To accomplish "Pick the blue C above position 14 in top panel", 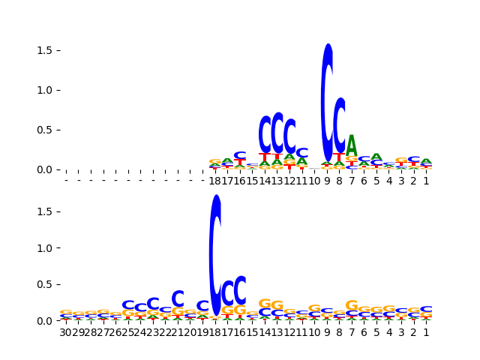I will click(x=265, y=135).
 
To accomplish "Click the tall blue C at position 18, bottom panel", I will click(x=215, y=255).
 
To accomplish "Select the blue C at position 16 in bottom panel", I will click(x=240, y=290).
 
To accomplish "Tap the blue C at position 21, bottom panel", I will click(x=178, y=299).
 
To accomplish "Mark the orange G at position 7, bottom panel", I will click(x=352, y=305).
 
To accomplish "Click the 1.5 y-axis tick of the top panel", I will click(x=58, y=50).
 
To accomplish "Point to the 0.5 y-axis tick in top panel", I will click(x=58, y=130).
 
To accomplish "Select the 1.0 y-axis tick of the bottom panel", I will click(x=58, y=248).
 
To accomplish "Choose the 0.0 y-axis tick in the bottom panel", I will click(x=58, y=321).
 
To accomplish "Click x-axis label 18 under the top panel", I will click(x=215, y=181).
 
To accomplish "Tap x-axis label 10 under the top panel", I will click(x=315, y=181).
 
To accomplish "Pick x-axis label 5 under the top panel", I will click(x=376, y=181).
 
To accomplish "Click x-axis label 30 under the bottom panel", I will click(x=66, y=332).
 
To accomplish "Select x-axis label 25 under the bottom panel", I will click(x=128, y=332).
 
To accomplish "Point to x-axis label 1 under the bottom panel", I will click(x=426, y=332).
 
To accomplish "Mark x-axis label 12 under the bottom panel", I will click(x=289, y=332).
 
